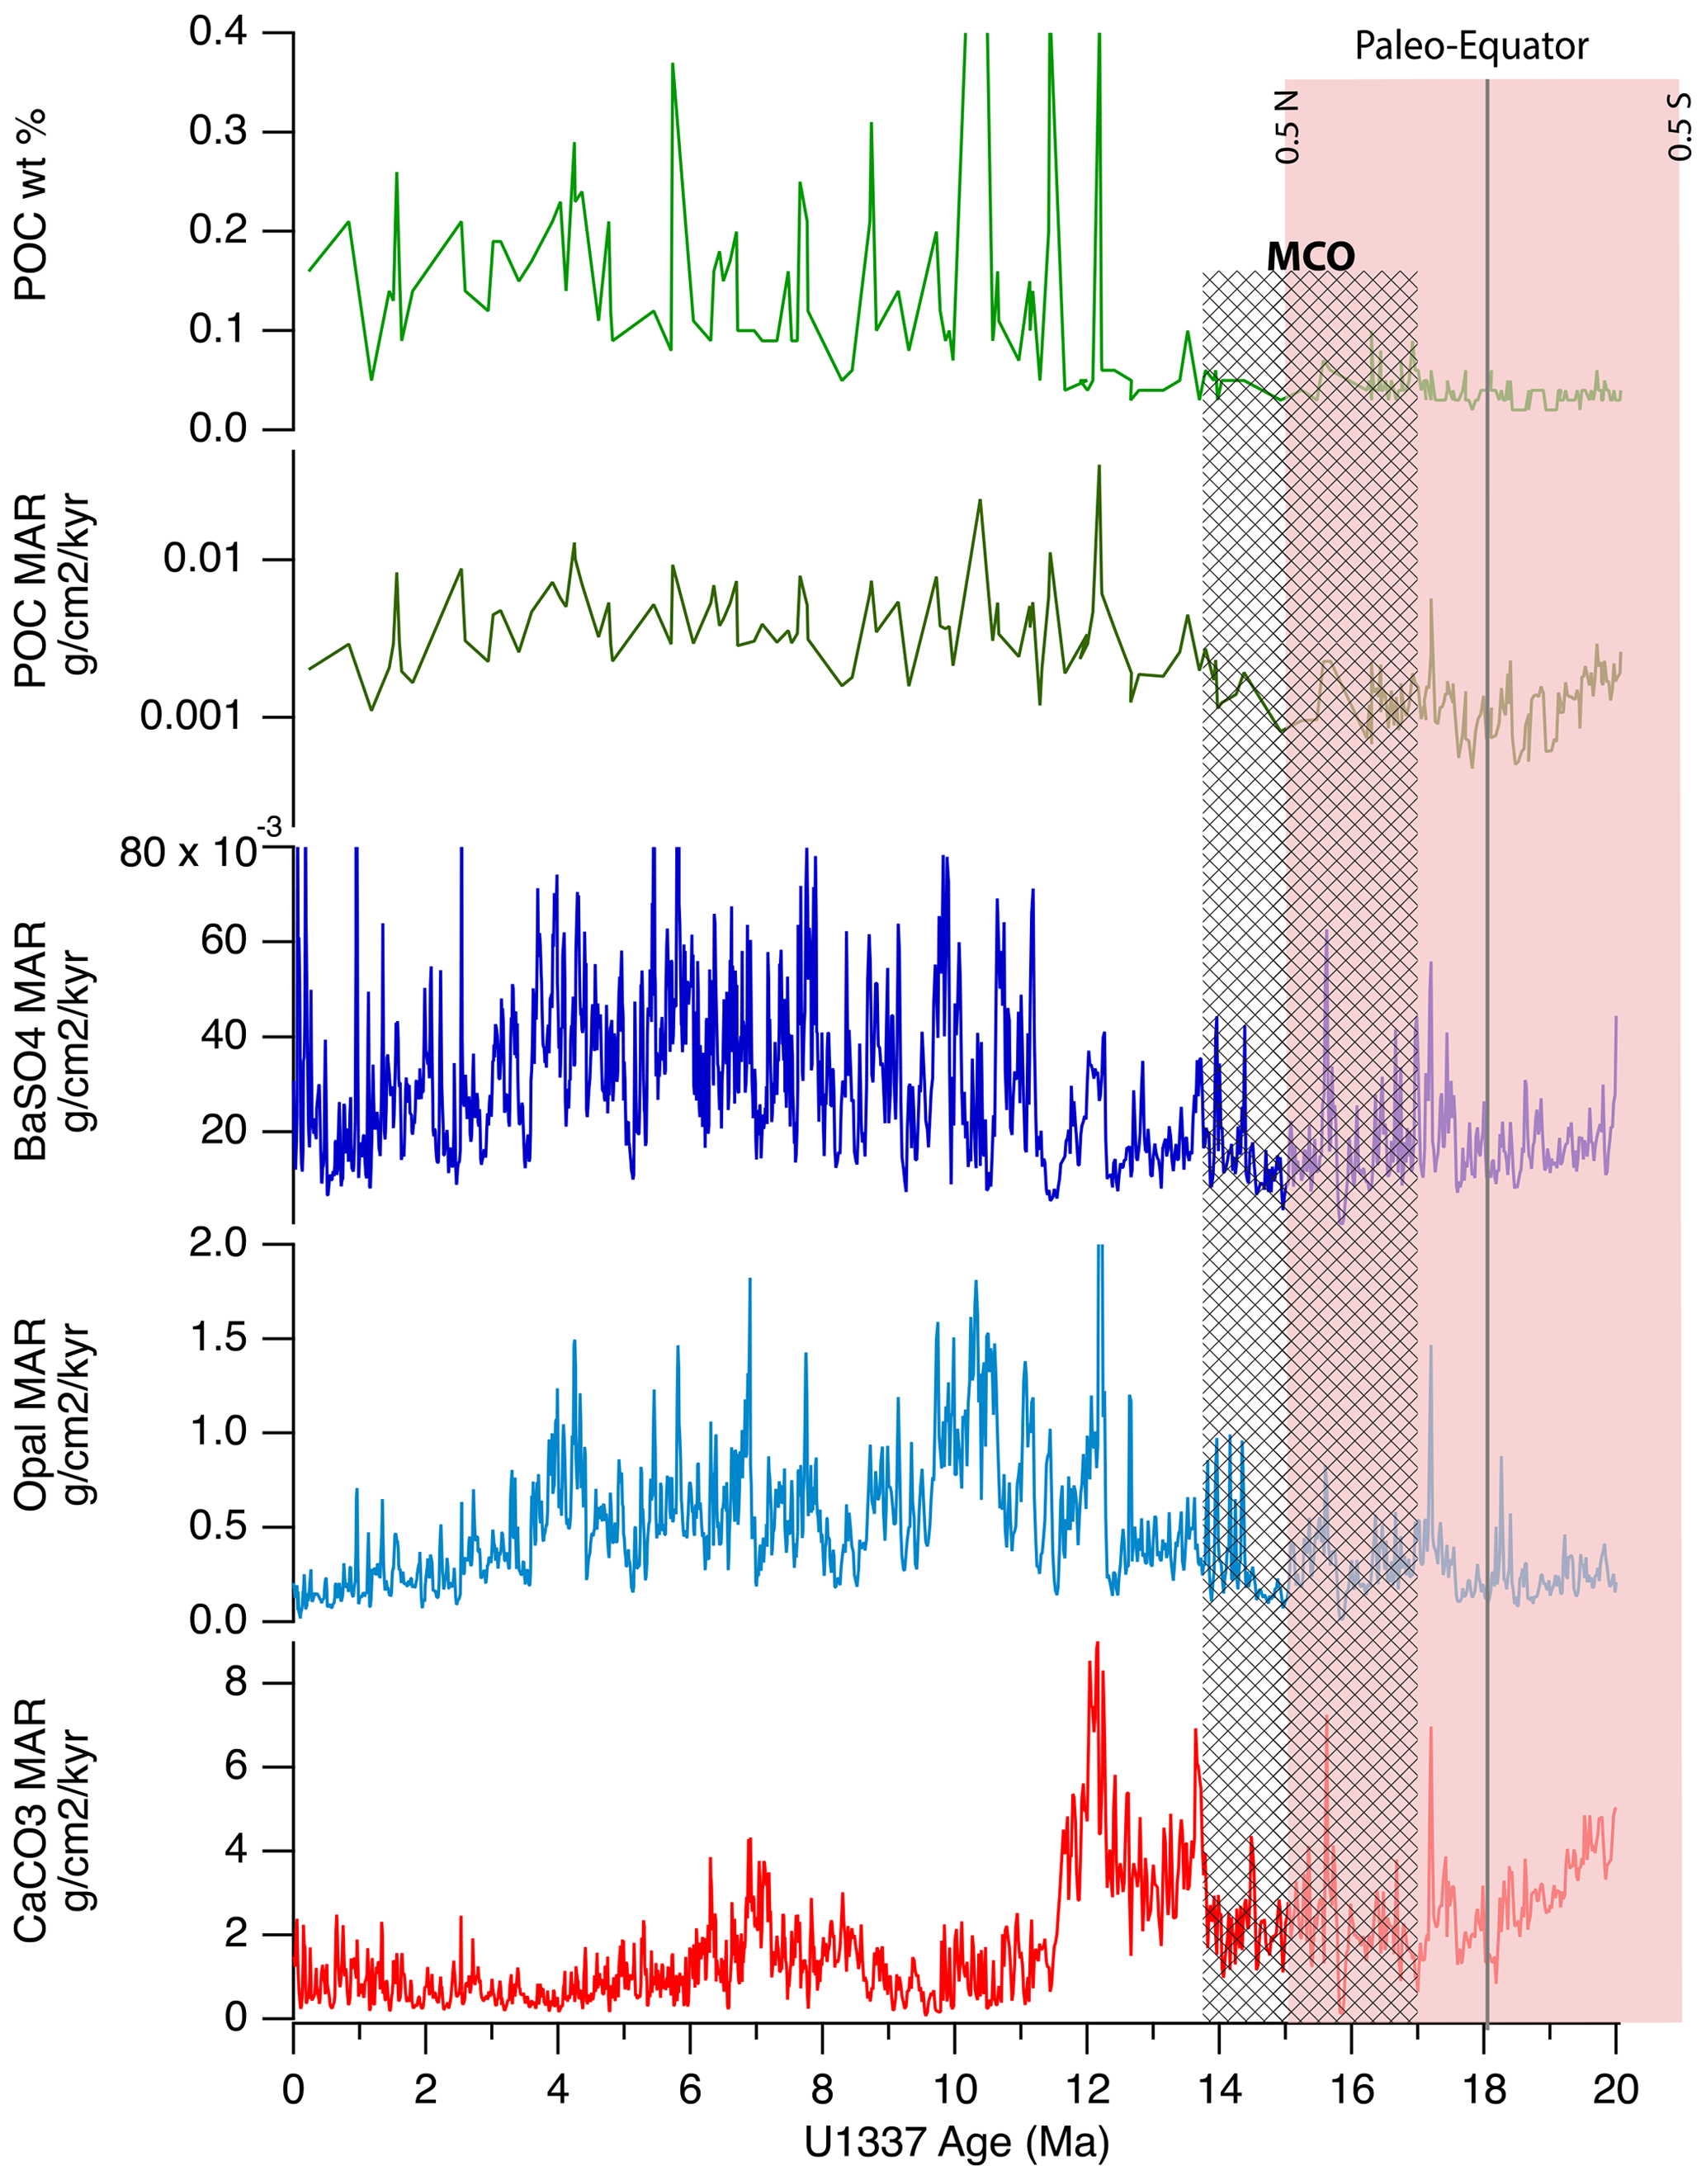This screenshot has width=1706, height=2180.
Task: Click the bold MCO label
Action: pos(1311,258)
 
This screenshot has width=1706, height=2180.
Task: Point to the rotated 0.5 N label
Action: pos(1288,127)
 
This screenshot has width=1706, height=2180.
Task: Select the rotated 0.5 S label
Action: pos(1681,127)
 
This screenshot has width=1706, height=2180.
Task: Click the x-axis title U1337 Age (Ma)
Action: pos(956,2141)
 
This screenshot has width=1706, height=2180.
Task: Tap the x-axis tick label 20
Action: pos(1615,2089)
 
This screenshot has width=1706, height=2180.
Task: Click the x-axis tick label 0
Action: pos(293,2089)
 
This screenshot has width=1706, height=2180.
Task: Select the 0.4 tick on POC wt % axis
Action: pos(218,33)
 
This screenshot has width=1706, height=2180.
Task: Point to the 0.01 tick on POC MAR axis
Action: pos(204,559)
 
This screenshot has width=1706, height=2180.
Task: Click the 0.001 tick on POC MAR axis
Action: pos(191,716)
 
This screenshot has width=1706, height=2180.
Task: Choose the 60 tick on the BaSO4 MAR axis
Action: pos(223,940)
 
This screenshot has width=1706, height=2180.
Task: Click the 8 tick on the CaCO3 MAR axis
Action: pos(236,1682)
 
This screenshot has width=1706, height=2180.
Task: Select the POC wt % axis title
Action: pos(32,206)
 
